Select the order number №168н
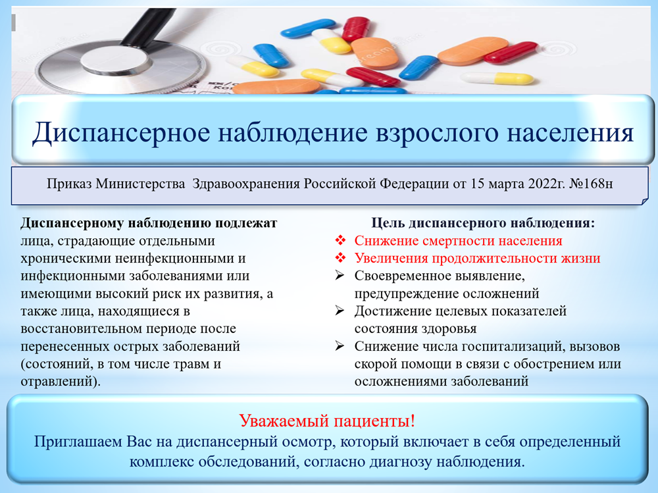click(x=591, y=184)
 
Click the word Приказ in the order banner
click(x=69, y=184)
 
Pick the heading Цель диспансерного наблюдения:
click(x=483, y=223)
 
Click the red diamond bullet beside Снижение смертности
click(x=340, y=241)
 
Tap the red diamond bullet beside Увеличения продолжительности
click(x=340, y=258)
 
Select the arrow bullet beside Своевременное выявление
click(x=340, y=276)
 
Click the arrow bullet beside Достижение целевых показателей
click(x=340, y=311)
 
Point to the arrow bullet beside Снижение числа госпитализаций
click(x=340, y=346)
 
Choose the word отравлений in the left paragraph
click(x=56, y=382)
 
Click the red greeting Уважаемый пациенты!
click(x=327, y=421)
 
